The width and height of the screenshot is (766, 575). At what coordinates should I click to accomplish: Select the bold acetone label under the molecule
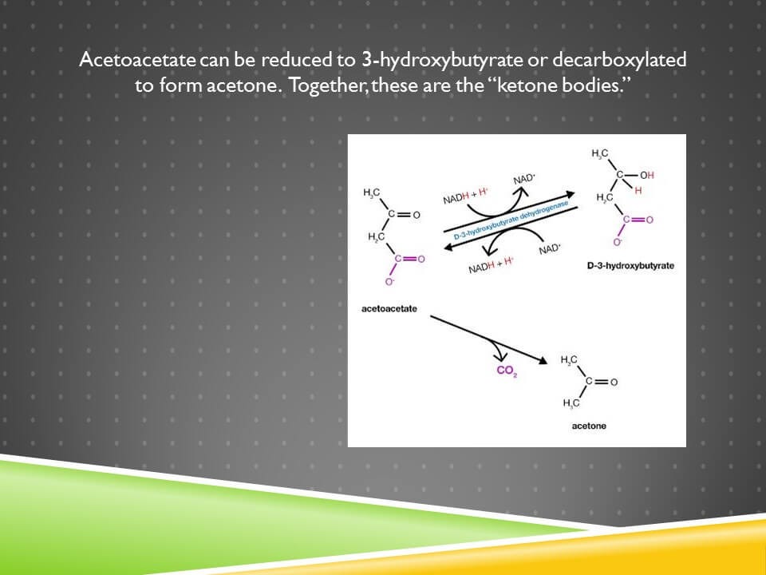click(x=589, y=426)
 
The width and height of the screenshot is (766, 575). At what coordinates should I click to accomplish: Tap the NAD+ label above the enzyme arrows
click(x=523, y=180)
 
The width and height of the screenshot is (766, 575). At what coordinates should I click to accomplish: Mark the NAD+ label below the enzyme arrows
click(x=550, y=249)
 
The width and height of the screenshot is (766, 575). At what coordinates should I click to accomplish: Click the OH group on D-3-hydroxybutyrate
click(x=646, y=175)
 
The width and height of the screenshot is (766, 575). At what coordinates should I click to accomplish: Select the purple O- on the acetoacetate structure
click(x=389, y=282)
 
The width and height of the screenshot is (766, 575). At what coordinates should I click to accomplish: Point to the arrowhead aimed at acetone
click(x=543, y=361)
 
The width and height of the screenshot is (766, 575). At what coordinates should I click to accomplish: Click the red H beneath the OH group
click(x=638, y=190)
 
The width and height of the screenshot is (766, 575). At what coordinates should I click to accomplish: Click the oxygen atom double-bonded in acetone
click(x=614, y=383)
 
